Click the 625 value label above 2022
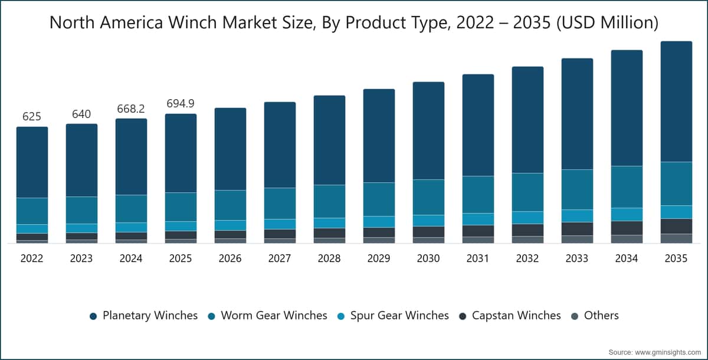tap(32, 117)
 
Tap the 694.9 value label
tap(181, 103)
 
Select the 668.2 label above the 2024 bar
tap(131, 109)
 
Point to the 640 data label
tap(81, 114)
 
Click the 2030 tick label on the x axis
tap(428, 258)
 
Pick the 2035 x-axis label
tap(676, 258)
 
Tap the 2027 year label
tap(280, 258)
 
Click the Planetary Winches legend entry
tap(144, 315)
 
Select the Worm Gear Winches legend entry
tap(267, 315)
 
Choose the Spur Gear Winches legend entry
tap(393, 315)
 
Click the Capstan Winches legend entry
tap(510, 315)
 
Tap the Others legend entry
tap(595, 315)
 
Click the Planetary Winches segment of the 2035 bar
tap(676, 102)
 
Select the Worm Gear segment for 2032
tap(528, 192)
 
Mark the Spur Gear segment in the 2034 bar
tap(627, 214)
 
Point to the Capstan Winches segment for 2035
tap(676, 226)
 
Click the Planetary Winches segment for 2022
tap(32, 162)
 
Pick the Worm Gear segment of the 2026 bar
tap(231, 205)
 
